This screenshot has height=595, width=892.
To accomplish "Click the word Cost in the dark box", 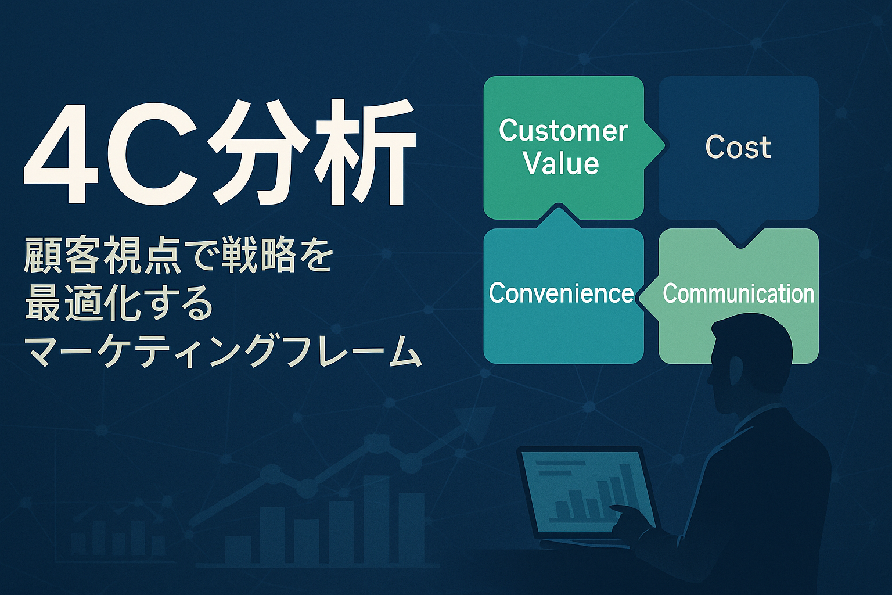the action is pos(738,147).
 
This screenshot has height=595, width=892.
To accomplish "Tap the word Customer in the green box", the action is pos(563,130).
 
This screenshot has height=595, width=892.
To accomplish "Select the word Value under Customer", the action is pos(562,163).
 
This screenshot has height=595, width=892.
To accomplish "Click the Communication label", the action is pos(738,293).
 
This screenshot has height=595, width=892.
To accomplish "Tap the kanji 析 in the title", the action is pos(362,152).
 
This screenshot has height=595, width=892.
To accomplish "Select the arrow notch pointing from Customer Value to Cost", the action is pos(654,146).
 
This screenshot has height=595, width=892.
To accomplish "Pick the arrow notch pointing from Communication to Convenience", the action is pos(648,296).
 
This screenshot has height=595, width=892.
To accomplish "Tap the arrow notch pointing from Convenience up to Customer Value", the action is pos(559,217).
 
